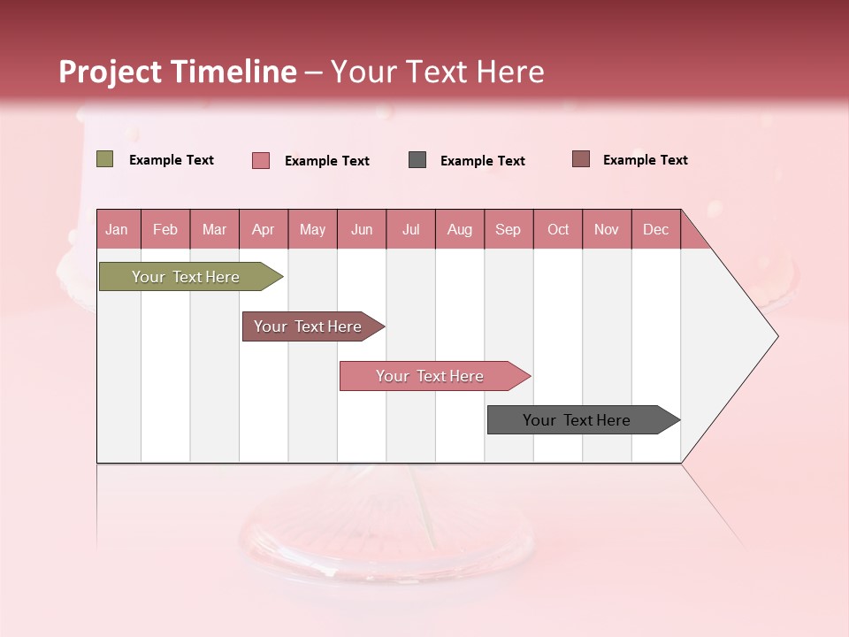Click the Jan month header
coord(117,229)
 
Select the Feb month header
coord(165,229)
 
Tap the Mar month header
coord(214,229)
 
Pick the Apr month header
coord(264,229)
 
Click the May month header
coord(312,229)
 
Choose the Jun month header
coord(362,229)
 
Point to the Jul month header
coord(410,229)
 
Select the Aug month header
coord(460,229)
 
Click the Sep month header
coord(509,229)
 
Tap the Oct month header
coord(558,229)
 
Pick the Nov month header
coord(607,229)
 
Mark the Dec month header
coord(655,229)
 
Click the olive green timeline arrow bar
coord(187,277)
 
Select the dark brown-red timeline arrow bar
coord(309,326)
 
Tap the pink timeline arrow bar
coord(431,376)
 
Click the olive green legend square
coord(105,159)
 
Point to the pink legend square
coord(261,160)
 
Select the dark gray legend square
coord(417,159)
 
